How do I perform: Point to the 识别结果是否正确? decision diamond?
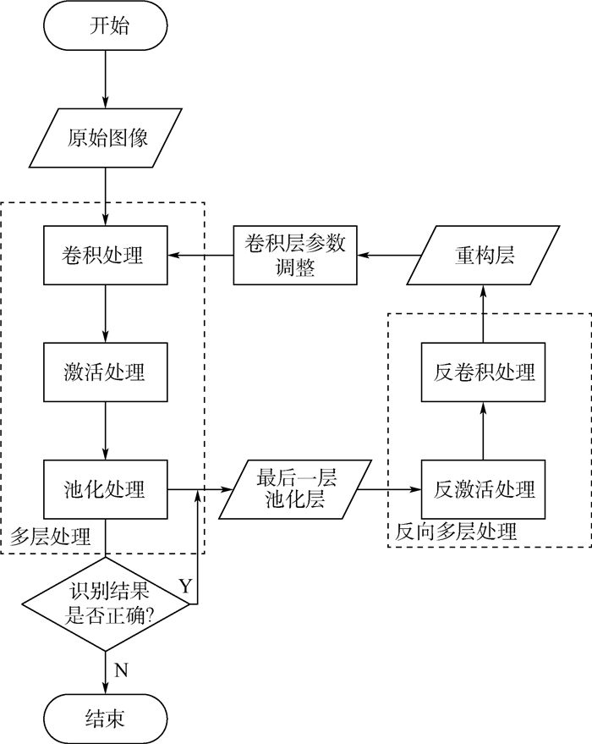tap(107, 603)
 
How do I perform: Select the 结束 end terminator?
tap(107, 719)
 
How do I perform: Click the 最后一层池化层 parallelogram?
tap(296, 489)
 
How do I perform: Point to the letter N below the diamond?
tap(121, 670)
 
